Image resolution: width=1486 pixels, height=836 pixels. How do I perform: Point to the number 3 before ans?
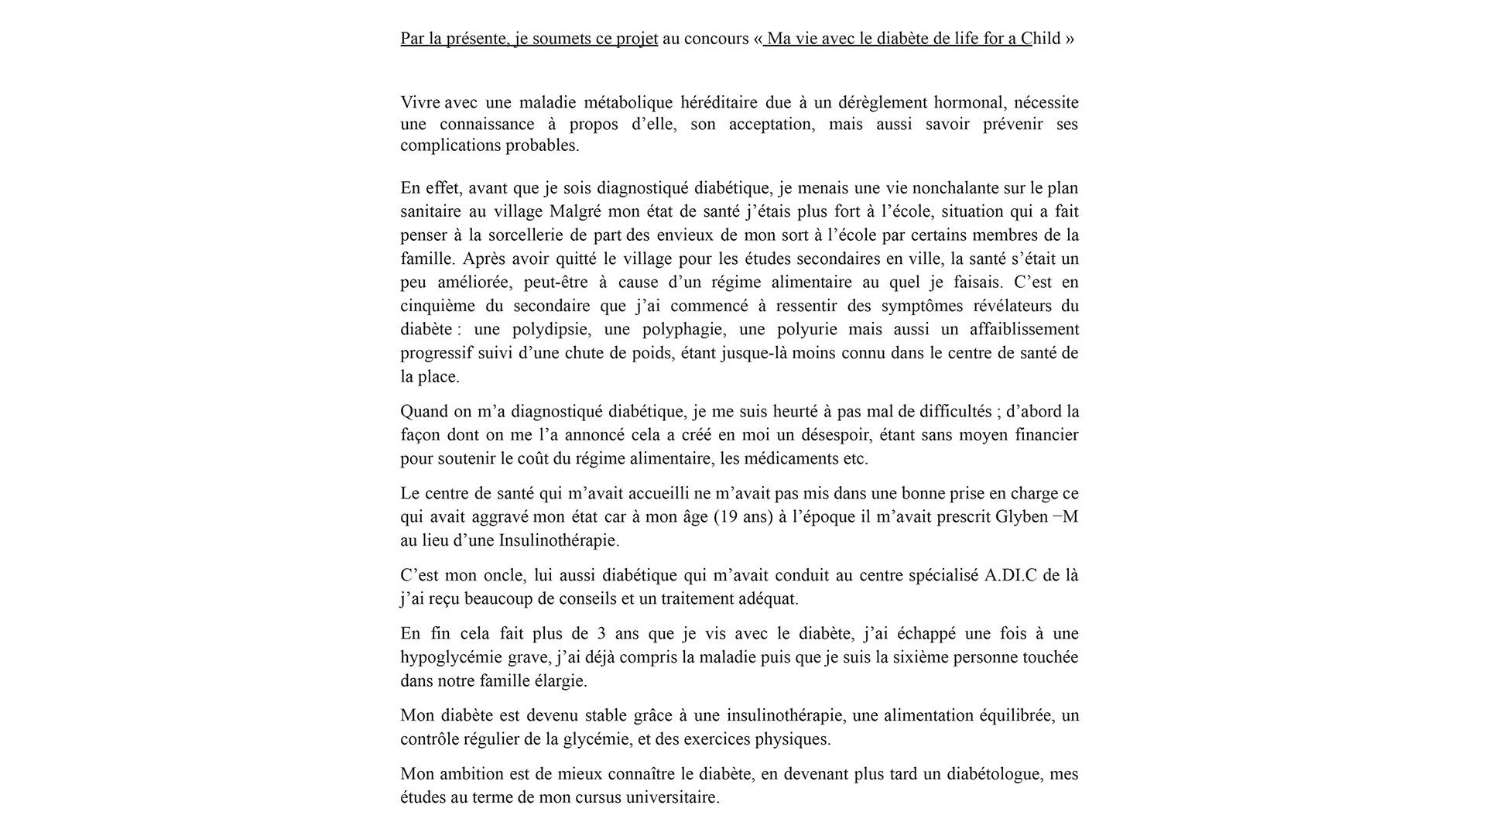point(601,634)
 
